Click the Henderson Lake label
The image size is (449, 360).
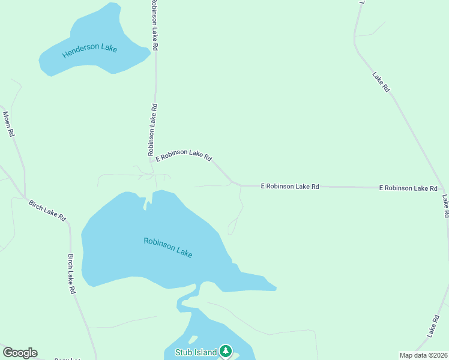click(89, 52)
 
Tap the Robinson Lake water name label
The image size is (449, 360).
click(168, 247)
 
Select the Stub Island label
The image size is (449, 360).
click(196, 352)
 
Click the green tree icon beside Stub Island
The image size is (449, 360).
click(225, 350)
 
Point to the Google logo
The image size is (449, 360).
click(20, 353)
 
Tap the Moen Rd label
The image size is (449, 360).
click(8, 124)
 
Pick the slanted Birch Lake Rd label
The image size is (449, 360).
click(47, 210)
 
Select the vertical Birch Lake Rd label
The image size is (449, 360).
click(71, 274)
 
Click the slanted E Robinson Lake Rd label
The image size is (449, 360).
click(184, 155)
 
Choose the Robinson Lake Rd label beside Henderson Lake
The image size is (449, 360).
click(155, 25)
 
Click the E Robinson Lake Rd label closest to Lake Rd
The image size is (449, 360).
click(408, 188)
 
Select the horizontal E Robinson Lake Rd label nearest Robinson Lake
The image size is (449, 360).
click(290, 187)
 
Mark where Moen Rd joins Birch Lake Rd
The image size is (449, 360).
click(25, 197)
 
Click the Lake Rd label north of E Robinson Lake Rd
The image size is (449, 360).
click(381, 82)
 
